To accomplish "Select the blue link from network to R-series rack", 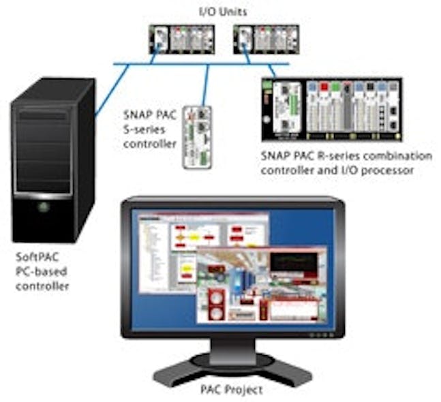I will coord(271,69).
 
